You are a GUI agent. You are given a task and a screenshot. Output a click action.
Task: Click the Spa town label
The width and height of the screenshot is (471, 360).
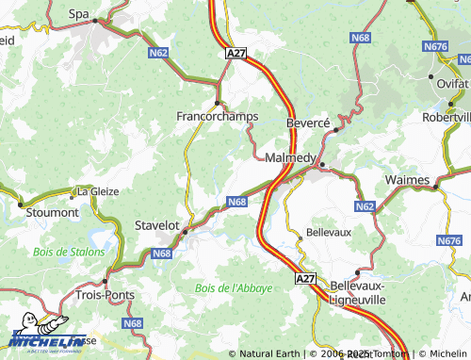pyautogui.click(x=79, y=14)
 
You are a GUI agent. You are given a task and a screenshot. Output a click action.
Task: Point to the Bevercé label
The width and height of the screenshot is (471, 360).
pyautogui.click(x=308, y=123)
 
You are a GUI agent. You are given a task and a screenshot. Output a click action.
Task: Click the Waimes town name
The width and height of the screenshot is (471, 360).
pyautogui.click(x=408, y=179)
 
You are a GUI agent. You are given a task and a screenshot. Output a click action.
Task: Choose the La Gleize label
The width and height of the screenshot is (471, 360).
pyautogui.click(x=98, y=190)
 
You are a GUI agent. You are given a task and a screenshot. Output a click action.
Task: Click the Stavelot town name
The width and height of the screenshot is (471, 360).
pyautogui.click(x=156, y=225)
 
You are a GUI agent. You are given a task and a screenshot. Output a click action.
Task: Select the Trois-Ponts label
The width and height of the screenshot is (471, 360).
pyautogui.click(x=104, y=295)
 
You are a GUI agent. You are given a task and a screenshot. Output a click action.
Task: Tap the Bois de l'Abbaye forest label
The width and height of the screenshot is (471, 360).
pyautogui.click(x=233, y=287)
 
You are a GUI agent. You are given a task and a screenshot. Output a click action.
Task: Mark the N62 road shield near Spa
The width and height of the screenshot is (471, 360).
pyautogui.click(x=159, y=54)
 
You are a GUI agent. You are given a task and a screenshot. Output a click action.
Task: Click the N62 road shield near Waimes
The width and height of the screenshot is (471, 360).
pyautogui.click(x=365, y=206)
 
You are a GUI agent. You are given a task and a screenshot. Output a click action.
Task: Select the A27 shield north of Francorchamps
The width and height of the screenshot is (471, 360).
pyautogui.click(x=235, y=56)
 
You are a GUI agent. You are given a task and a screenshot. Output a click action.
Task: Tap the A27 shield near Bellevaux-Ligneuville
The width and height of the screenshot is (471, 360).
pyautogui.click(x=305, y=279)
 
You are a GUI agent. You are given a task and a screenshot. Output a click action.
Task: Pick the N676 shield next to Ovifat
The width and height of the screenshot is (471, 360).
pyautogui.click(x=435, y=45)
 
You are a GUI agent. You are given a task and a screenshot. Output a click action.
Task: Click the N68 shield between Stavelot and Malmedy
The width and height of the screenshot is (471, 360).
pyautogui.click(x=236, y=201)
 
